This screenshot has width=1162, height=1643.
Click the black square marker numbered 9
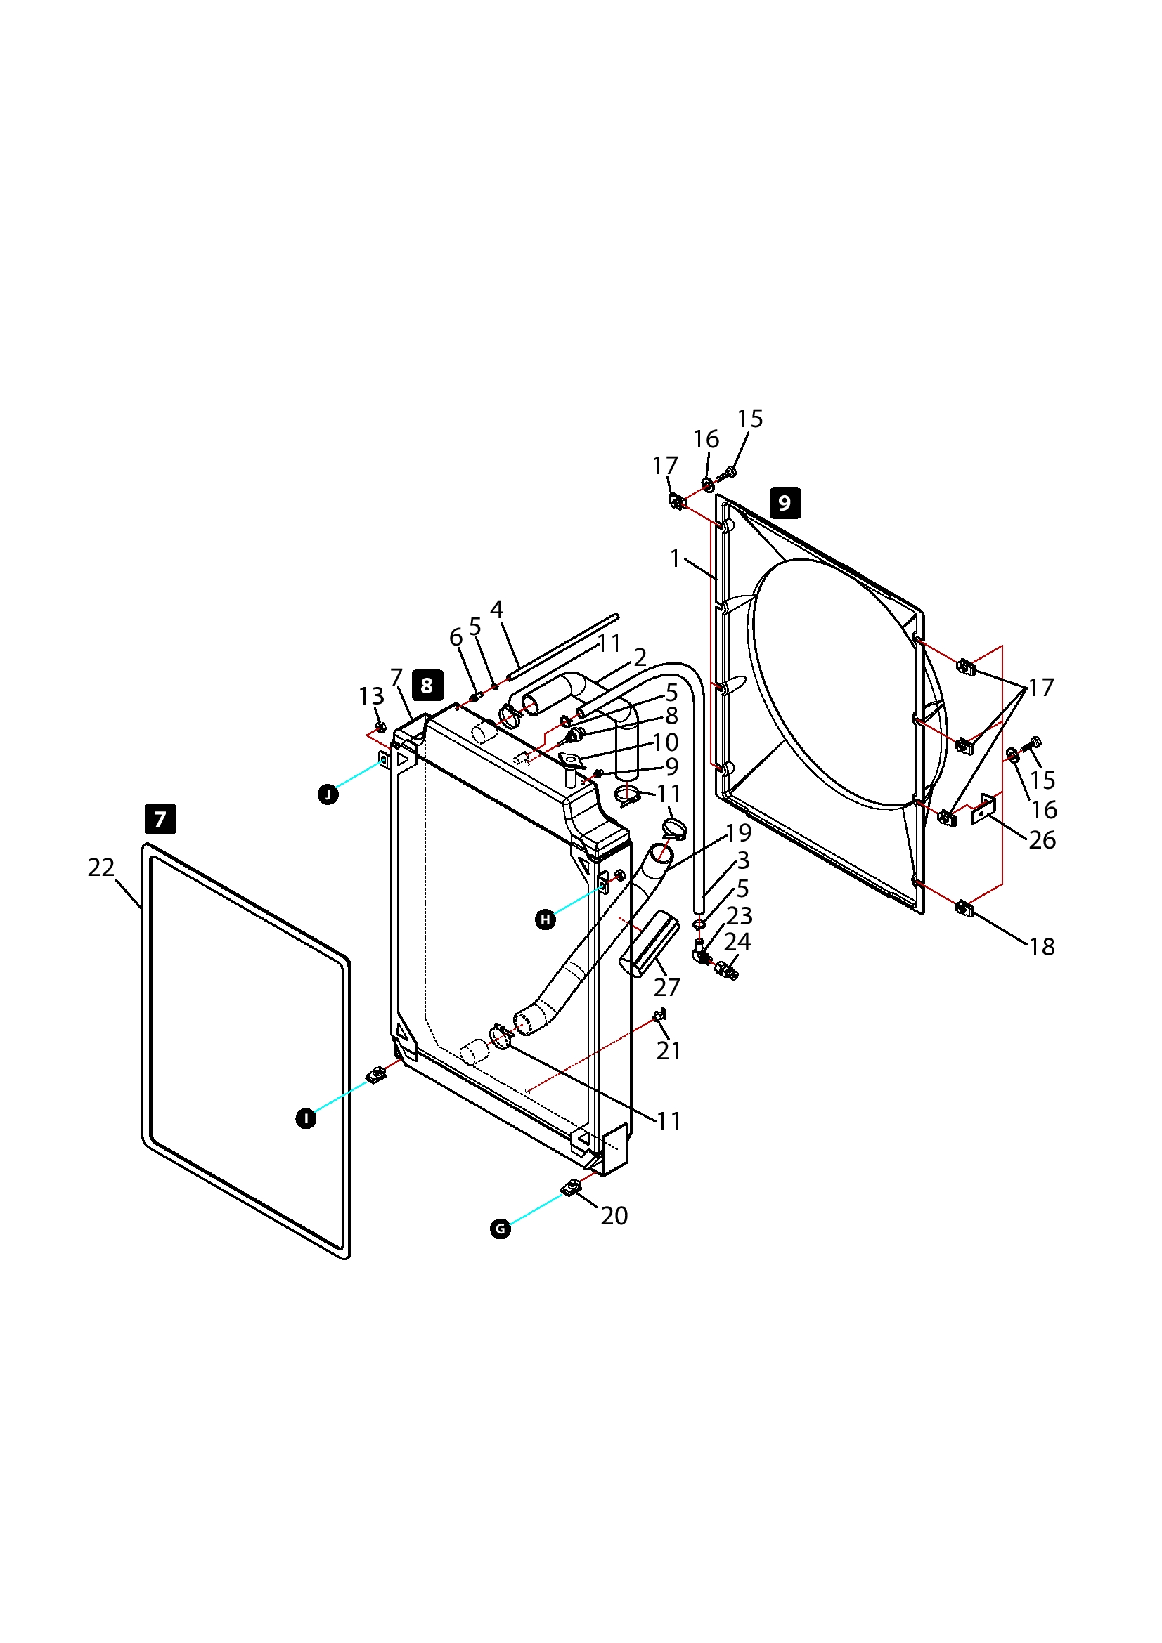(x=785, y=503)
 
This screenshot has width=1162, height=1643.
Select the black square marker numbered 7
(x=160, y=818)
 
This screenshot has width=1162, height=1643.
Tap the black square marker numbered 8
(x=427, y=686)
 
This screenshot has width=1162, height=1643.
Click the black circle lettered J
(x=328, y=794)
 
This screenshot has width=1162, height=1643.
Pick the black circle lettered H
(x=546, y=919)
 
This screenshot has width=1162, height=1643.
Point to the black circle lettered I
(x=306, y=1118)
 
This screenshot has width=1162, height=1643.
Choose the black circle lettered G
(x=501, y=1229)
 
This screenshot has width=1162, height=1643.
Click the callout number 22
(x=101, y=868)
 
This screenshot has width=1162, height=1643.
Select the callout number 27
(x=666, y=987)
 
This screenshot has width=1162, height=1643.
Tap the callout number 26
(x=1042, y=840)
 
